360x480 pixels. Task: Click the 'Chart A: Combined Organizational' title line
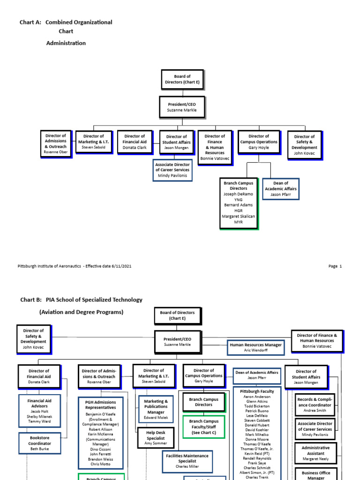pos(66,22)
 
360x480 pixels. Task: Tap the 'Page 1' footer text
pos(335,266)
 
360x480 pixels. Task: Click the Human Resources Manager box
pos(255,347)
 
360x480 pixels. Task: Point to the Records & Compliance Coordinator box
pos(315,405)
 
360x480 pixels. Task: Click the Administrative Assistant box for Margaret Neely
pos(315,454)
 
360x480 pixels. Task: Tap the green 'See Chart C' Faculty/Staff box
pos(203,427)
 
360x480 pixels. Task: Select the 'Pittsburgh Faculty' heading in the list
pos(257,391)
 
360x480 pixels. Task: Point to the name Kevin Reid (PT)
pos(257,454)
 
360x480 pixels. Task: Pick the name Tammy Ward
pos(39,421)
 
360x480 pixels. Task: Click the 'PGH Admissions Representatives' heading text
pos(100,405)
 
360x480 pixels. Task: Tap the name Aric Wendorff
pos(255,351)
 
